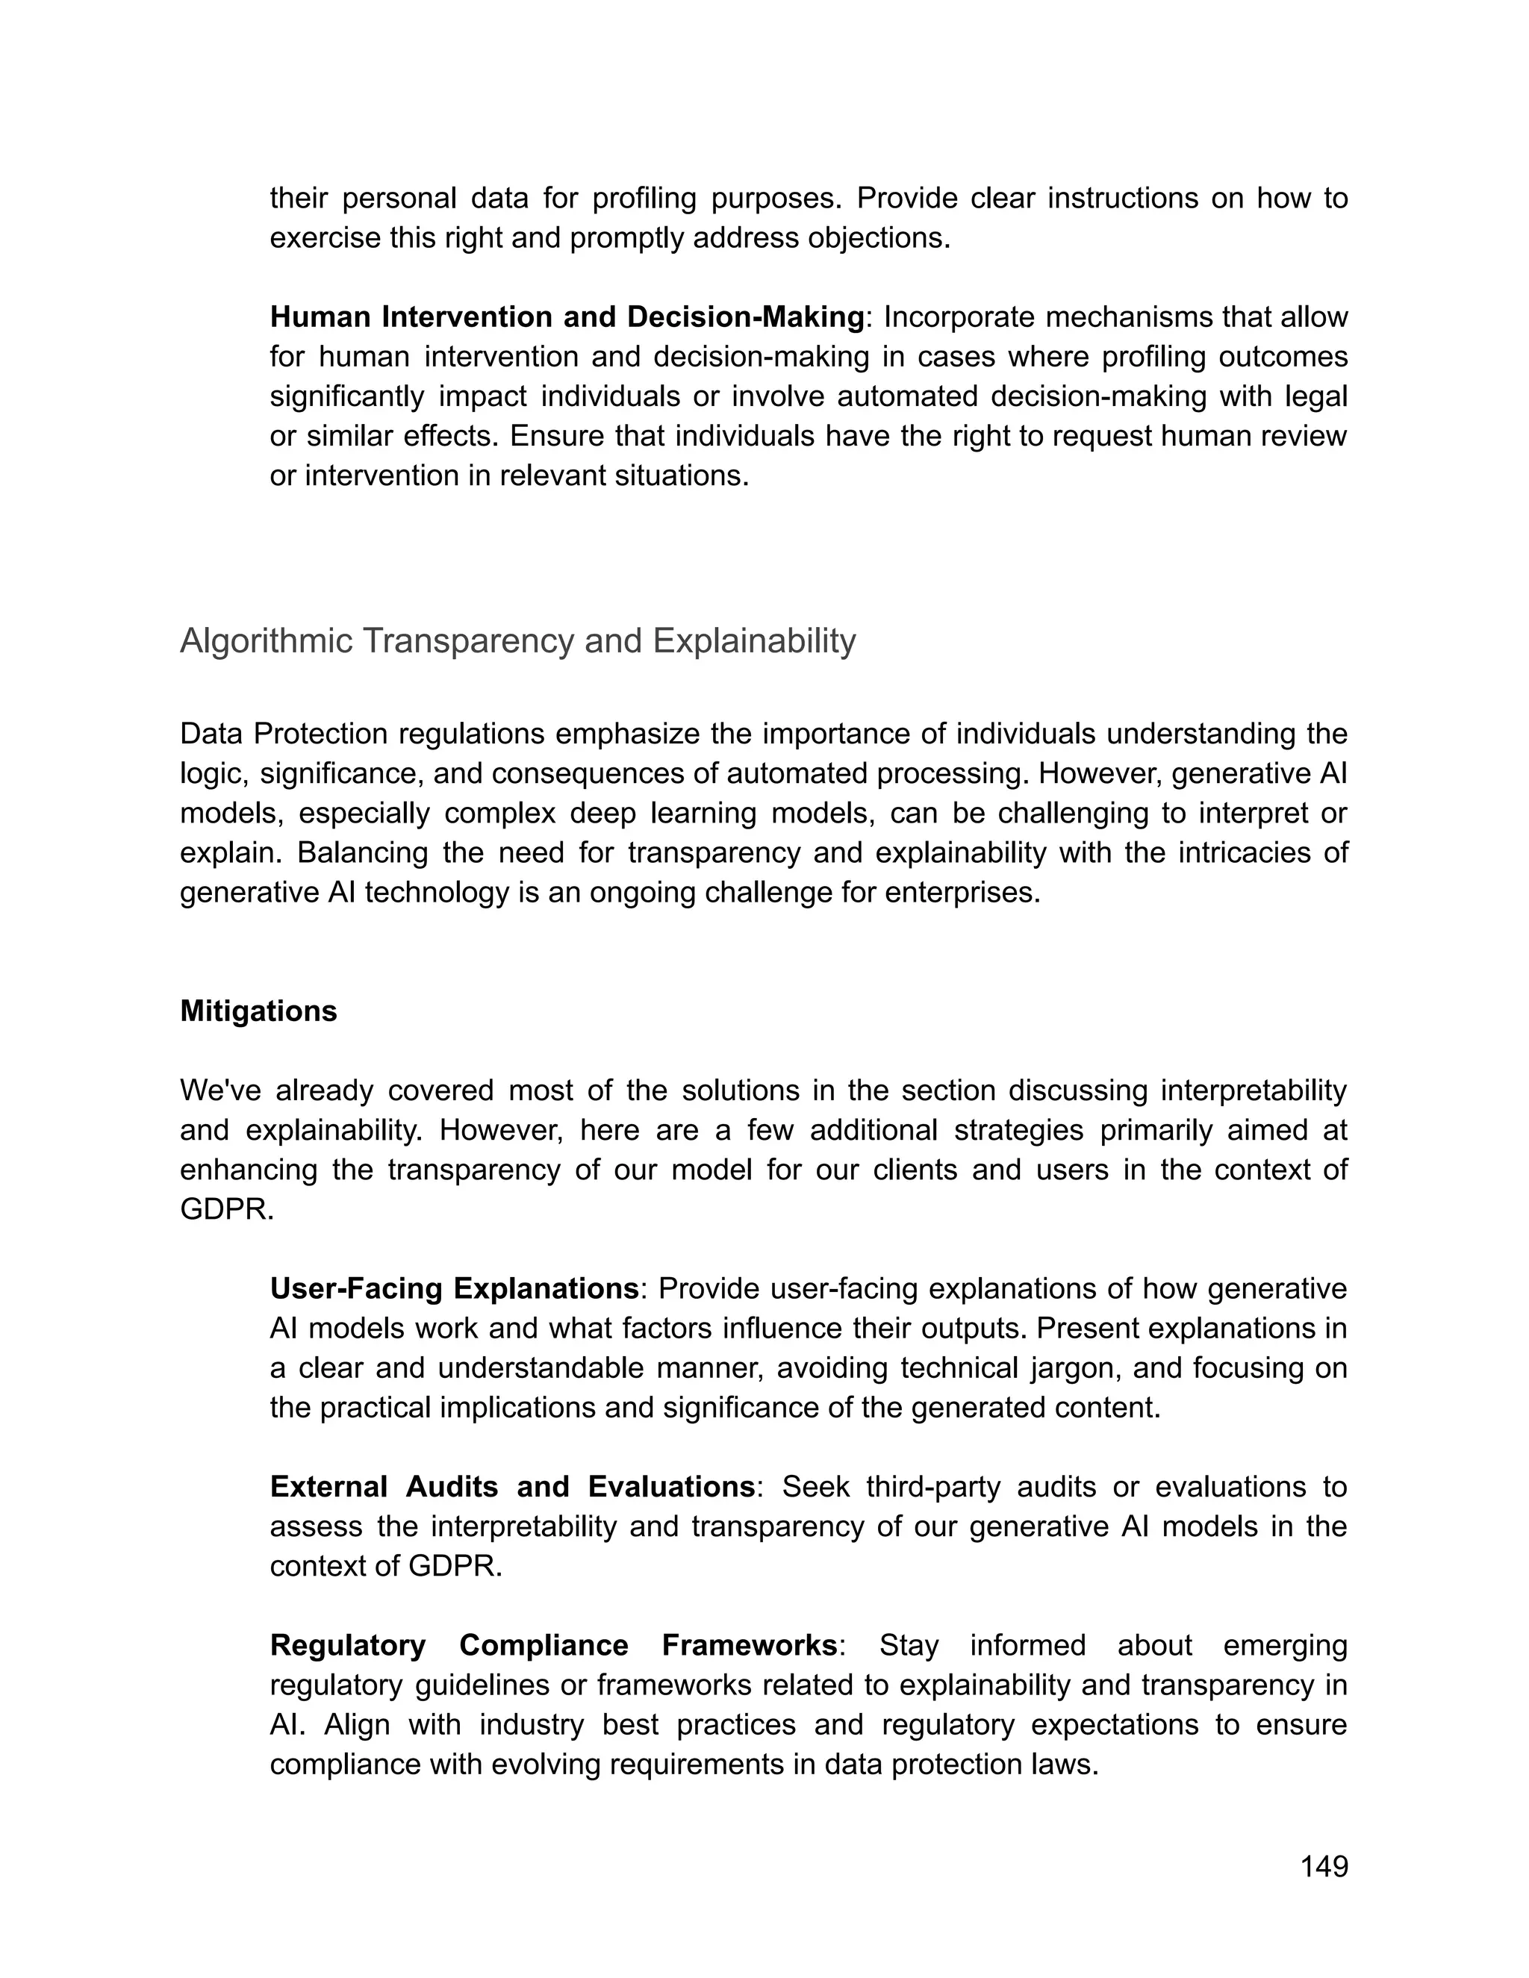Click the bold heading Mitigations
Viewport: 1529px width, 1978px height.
(x=258, y=1011)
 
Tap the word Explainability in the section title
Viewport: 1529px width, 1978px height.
(x=753, y=640)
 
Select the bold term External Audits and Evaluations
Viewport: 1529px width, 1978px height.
(x=511, y=1486)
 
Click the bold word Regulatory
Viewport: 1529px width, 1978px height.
(x=348, y=1644)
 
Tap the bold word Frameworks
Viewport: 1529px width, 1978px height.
(x=749, y=1644)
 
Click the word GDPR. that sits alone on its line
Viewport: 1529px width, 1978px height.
(x=226, y=1209)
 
